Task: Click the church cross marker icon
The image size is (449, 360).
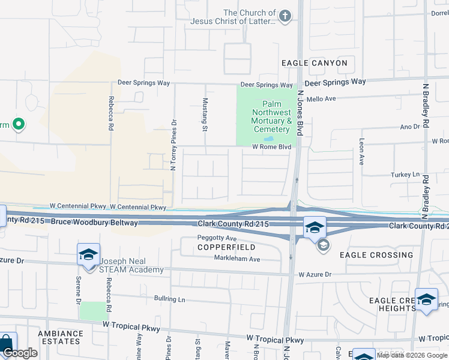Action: (285, 16)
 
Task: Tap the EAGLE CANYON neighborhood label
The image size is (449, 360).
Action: (314, 63)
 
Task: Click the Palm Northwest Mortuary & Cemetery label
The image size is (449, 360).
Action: (267, 116)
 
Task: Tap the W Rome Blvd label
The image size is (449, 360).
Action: (271, 146)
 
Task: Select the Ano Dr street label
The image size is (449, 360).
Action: (410, 127)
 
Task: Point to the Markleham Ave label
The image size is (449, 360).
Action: (237, 259)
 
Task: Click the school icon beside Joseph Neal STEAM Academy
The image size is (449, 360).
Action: (88, 254)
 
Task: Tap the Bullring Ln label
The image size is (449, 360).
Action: (169, 299)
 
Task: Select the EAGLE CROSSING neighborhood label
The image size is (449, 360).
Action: (376, 255)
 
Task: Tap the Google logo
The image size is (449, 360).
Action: (20, 353)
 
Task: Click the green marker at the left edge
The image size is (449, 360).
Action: (18, 125)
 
